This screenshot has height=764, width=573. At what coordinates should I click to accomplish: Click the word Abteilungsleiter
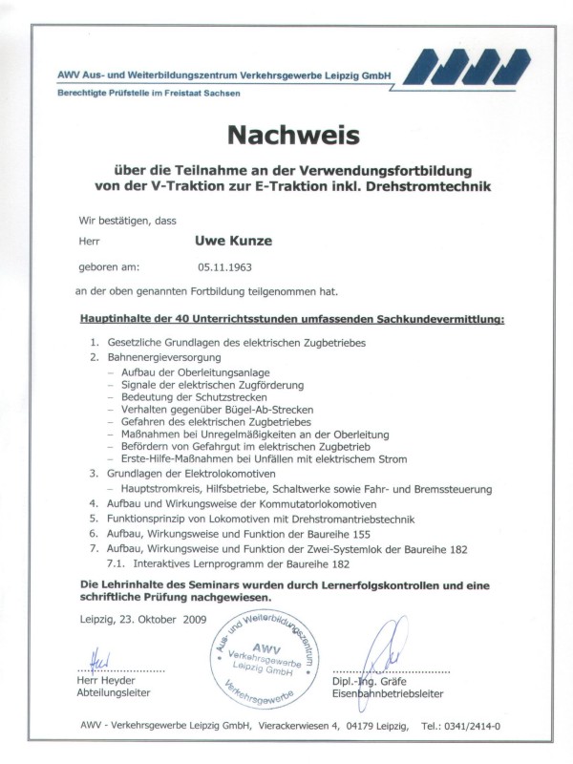tap(114, 693)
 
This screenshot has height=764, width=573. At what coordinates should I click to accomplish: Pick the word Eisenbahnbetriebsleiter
tap(389, 693)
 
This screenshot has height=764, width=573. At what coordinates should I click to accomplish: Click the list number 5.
tap(95, 519)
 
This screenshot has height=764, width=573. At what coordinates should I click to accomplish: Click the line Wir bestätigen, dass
tap(120, 220)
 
